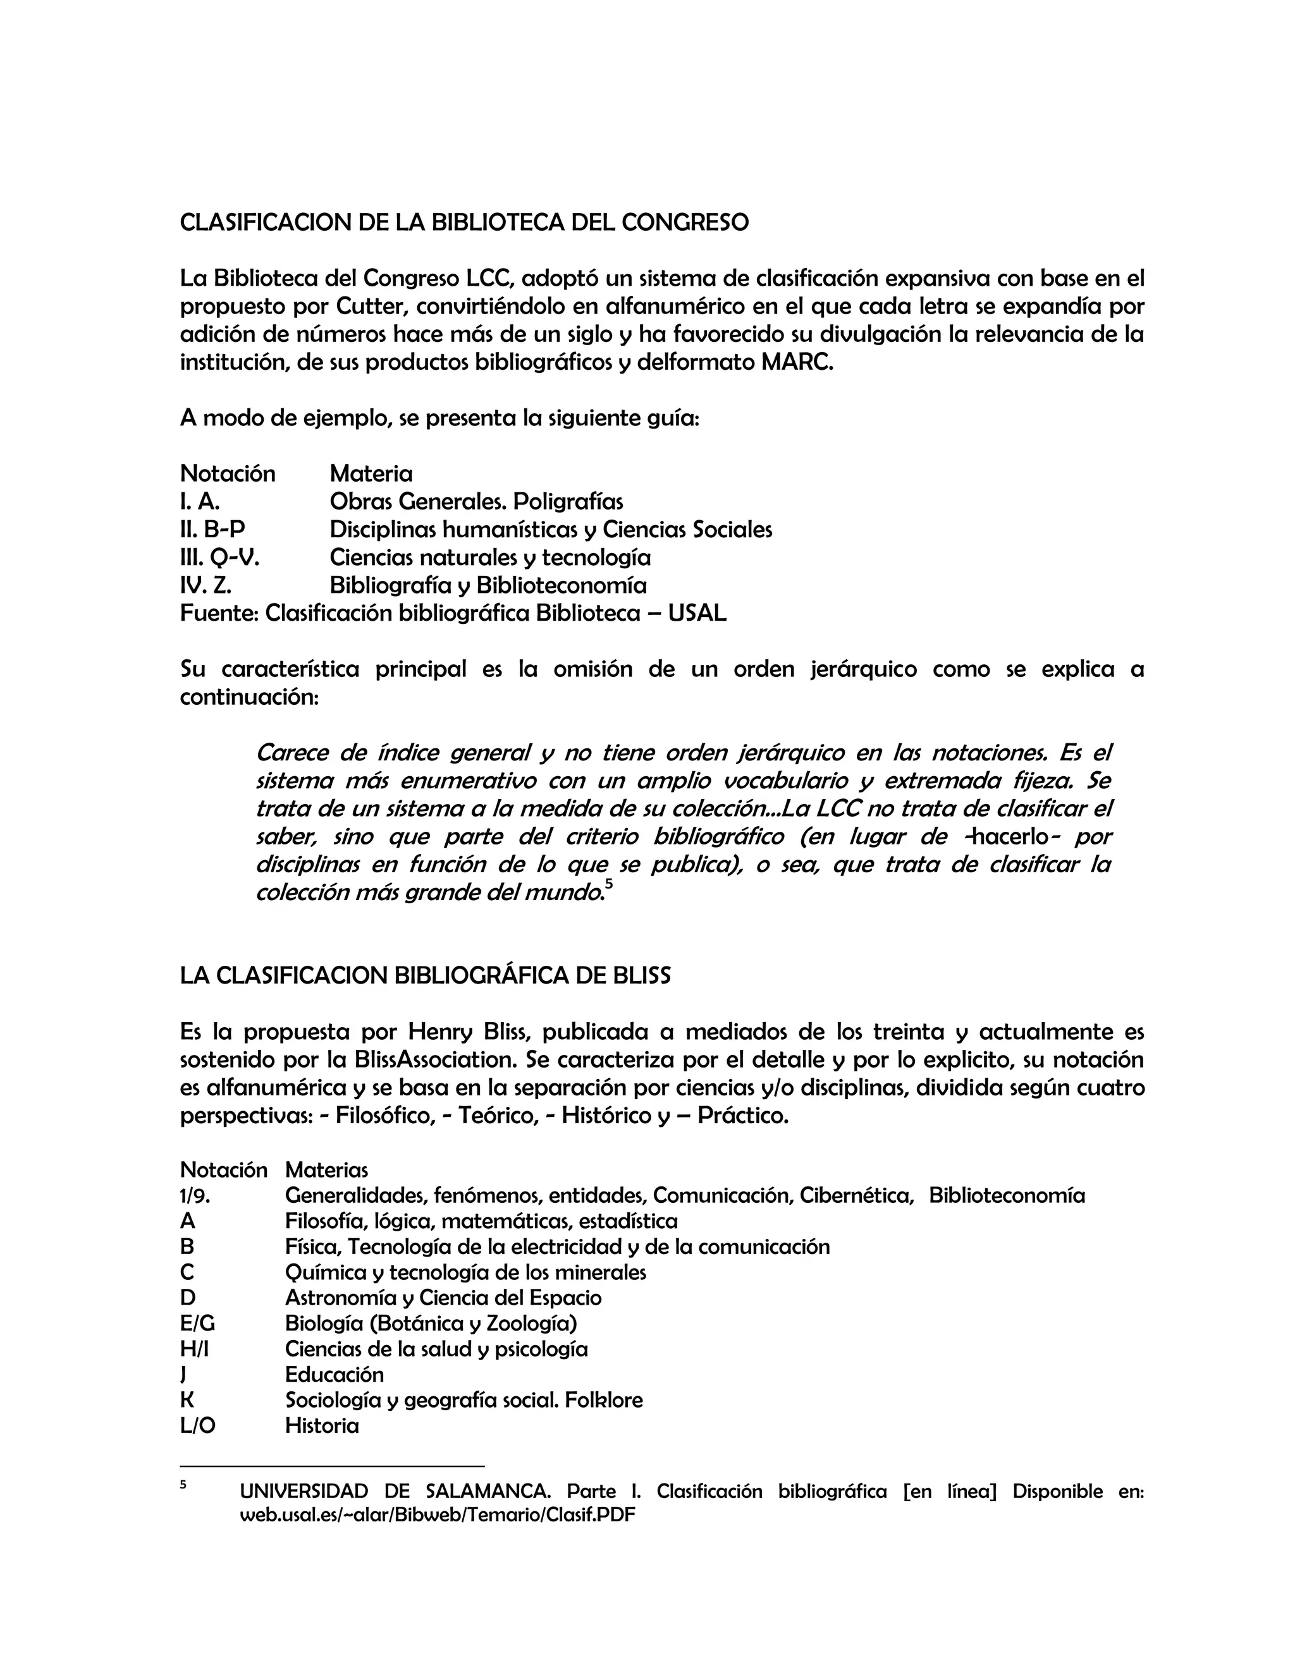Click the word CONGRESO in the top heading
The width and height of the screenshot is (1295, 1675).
[x=684, y=222]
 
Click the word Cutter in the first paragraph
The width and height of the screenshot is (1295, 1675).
[x=364, y=307]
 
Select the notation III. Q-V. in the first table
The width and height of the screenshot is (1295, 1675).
[x=219, y=557]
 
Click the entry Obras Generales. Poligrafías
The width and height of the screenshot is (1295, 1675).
[x=476, y=502]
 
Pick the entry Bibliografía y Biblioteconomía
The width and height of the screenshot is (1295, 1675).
[x=488, y=586]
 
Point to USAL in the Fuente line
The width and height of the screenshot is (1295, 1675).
[x=697, y=614]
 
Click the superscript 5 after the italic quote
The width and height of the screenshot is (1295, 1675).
[x=608, y=885]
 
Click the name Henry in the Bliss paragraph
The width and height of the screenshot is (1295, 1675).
[x=438, y=1032]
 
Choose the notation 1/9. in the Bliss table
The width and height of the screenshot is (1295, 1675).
[x=195, y=1196]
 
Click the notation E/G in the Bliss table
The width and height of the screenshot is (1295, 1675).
[x=197, y=1323]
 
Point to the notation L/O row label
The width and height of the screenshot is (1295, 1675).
[x=197, y=1426]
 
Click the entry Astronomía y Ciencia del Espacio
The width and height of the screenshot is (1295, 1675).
[x=443, y=1298]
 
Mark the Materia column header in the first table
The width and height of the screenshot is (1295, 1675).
[x=371, y=473]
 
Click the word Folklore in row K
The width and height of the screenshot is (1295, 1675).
[x=603, y=1401]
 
